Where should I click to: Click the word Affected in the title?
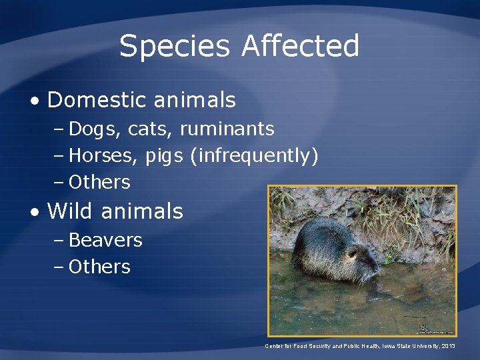pyautogui.click(x=301, y=47)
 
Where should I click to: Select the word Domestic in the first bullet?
pyautogui.click(x=97, y=100)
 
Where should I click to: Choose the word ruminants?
pyautogui.click(x=227, y=128)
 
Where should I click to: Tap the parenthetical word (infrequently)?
pyautogui.click(x=254, y=156)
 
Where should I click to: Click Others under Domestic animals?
pyautogui.click(x=99, y=182)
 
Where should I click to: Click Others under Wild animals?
pyautogui.click(x=99, y=267)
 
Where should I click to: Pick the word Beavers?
pyautogui.click(x=105, y=240)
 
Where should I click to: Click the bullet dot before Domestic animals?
pyautogui.click(x=34, y=101)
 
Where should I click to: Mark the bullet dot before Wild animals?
pyautogui.click(x=34, y=213)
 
